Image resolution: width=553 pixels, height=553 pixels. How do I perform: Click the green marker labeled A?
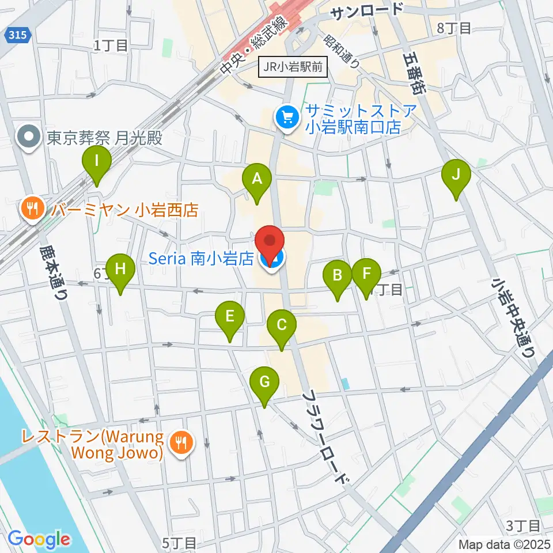point(257,180)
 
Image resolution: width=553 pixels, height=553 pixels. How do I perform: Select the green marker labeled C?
point(282,326)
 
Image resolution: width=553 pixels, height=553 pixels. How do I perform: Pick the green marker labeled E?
point(230,317)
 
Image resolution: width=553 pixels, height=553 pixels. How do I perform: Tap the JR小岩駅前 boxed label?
point(293,67)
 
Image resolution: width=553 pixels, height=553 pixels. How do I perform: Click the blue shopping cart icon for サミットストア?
point(286,118)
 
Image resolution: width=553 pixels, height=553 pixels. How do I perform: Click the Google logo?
point(39,539)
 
